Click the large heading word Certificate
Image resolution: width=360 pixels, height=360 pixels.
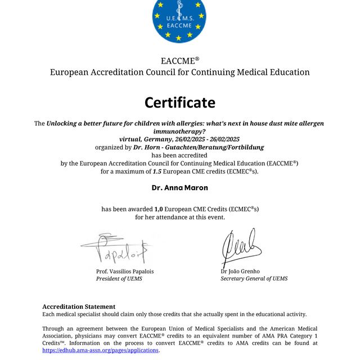click(180, 102)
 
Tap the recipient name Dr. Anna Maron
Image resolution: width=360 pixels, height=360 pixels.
click(180, 187)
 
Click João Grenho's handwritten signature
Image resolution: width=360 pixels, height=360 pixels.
click(241, 247)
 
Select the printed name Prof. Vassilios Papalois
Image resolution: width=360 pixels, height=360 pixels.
click(125, 271)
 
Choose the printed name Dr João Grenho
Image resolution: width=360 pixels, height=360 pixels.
click(240, 271)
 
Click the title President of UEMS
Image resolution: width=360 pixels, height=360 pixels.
click(119, 278)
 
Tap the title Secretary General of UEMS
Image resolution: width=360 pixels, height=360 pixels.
click(254, 278)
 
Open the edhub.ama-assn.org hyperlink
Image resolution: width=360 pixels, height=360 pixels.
click(101, 350)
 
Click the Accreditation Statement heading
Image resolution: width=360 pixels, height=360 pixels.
click(79, 307)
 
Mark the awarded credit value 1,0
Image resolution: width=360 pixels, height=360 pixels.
click(159, 209)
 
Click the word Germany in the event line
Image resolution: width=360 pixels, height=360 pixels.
click(160, 139)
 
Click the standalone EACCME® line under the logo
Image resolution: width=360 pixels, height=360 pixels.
click(180, 61)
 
